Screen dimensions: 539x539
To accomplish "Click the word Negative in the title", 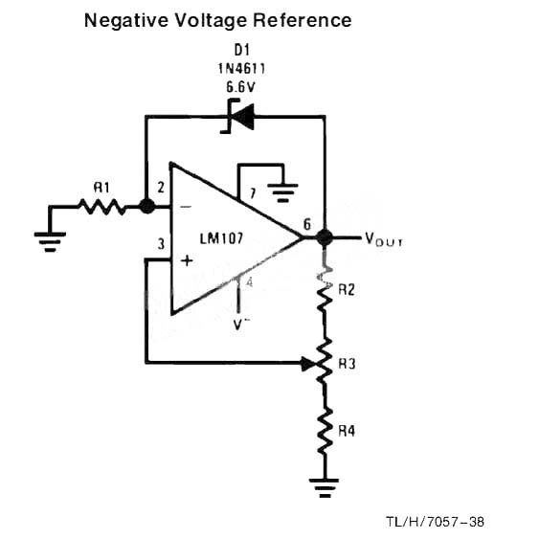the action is click(x=126, y=21).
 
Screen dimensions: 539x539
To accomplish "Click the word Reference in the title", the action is click(x=303, y=20).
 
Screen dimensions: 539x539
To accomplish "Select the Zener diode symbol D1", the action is click(x=238, y=116).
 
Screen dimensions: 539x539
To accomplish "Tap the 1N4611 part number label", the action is click(x=241, y=69).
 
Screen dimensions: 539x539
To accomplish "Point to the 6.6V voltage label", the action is click(x=240, y=87).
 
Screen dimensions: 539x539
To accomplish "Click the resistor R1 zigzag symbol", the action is click(x=102, y=207).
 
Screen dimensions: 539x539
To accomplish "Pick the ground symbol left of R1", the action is click(x=50, y=242).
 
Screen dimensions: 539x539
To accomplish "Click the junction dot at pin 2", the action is click(x=147, y=206).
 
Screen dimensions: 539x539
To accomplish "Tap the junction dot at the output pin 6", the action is click(x=325, y=236).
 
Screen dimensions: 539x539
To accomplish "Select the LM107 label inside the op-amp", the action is click(x=221, y=238).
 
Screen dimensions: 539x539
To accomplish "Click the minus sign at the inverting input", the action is click(x=186, y=207).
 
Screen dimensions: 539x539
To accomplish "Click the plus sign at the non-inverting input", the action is click(x=187, y=261).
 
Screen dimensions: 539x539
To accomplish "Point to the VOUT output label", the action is click(x=384, y=239).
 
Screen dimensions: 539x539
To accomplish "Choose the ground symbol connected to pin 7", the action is click(x=282, y=193).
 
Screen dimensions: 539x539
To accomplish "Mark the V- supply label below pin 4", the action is click(x=241, y=325).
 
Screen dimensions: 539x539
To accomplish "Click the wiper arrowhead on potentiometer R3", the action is click(x=308, y=364).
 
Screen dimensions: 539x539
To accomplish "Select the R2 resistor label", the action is click(x=347, y=290).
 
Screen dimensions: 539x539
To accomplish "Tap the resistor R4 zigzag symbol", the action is click(x=325, y=432).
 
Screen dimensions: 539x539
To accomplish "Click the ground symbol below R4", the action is click(x=325, y=488).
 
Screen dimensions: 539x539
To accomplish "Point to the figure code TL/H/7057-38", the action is click(x=436, y=522).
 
